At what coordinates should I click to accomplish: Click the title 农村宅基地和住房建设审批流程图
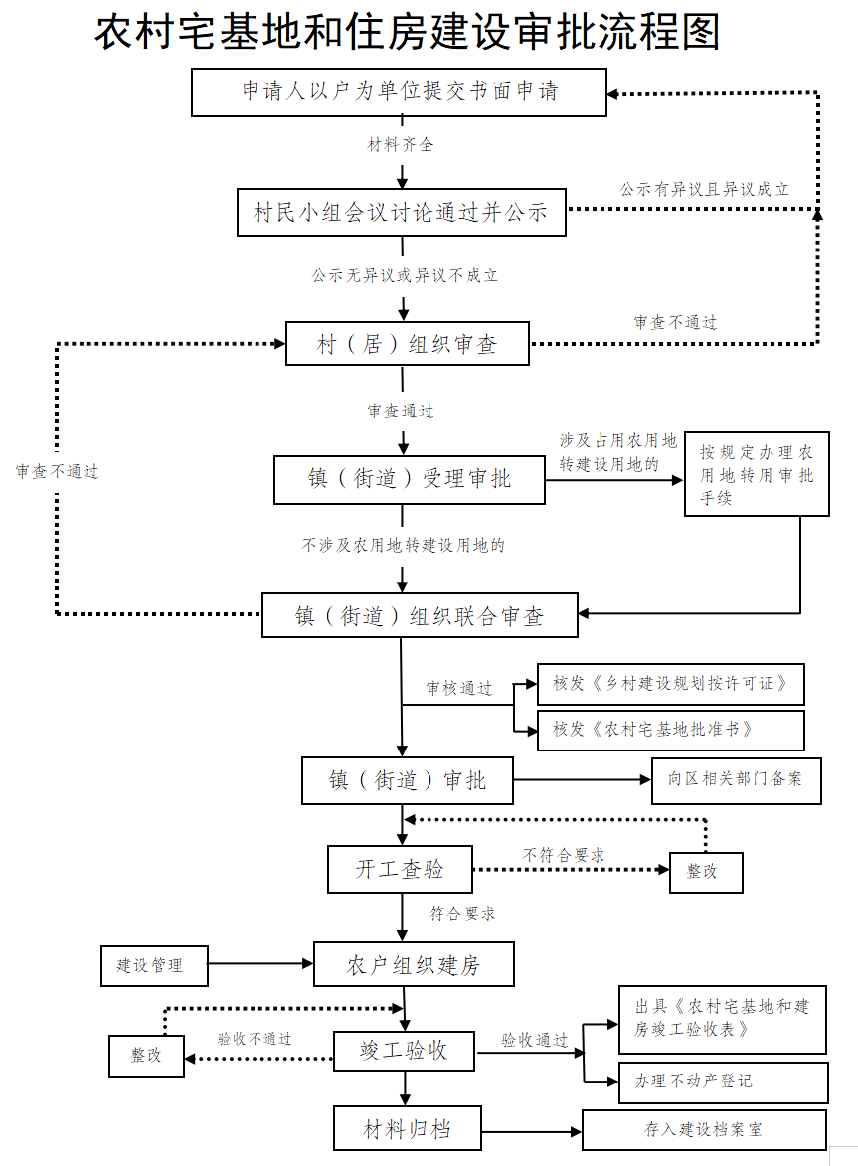[x=408, y=32]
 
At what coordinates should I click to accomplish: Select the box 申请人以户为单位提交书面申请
[x=400, y=92]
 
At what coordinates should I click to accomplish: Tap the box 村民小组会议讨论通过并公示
[x=402, y=213]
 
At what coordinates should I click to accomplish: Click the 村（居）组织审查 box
[x=408, y=344]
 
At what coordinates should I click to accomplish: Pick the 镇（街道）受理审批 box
[x=410, y=480]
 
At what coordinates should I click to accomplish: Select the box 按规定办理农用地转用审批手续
[x=757, y=474]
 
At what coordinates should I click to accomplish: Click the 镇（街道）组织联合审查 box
[x=421, y=615]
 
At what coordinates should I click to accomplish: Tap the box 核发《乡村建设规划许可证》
[x=671, y=684]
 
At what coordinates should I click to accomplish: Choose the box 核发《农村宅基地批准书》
[x=671, y=731]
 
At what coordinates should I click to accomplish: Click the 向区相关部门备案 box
[x=737, y=780]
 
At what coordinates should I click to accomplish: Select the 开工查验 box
[x=400, y=870]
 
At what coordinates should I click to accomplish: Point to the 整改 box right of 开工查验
[x=706, y=872]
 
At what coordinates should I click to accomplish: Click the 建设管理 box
[x=155, y=966]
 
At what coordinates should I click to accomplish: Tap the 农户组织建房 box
[x=415, y=964]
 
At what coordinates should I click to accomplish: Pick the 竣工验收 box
[x=404, y=1051]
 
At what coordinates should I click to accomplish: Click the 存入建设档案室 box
[x=704, y=1130]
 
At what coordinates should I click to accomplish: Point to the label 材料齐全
[x=400, y=144]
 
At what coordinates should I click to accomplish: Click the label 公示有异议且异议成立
[x=704, y=190]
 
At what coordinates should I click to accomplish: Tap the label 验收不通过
[x=255, y=1039]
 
